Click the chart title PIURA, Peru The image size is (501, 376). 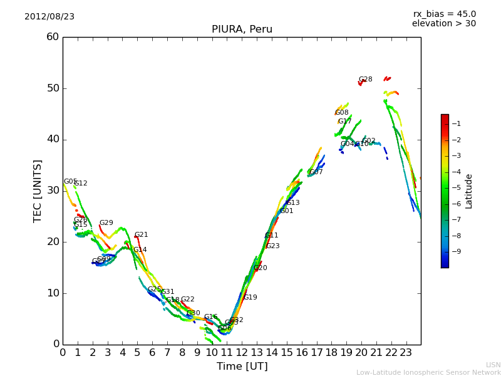coord(242,29)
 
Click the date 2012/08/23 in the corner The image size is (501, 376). coord(49,17)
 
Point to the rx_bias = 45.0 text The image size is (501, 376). coord(444,14)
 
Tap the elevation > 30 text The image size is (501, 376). coord(443,24)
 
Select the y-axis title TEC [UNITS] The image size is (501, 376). coord(38,191)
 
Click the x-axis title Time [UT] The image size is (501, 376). coord(242,367)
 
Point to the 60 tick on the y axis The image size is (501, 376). coord(53,37)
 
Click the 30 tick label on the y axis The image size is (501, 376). coord(53,191)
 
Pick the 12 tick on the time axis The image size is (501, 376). coord(242,353)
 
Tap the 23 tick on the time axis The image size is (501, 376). coord(406,353)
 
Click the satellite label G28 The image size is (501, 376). coord(366,80)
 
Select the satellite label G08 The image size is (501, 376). coord(342,113)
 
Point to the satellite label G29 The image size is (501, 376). coord(106,223)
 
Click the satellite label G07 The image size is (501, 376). coord(316,172)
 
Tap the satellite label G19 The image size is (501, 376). coord(250,298)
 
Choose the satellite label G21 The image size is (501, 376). coord(142,235)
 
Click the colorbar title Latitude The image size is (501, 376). coord(469,191)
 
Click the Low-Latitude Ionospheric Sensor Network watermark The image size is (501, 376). coord(428,373)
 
